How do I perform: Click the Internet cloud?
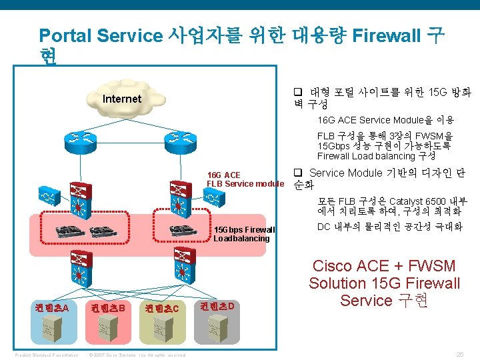point(123,99)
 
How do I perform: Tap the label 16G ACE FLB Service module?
point(244,179)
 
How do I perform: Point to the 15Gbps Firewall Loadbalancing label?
point(243,234)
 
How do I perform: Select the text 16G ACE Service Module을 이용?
point(385,120)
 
